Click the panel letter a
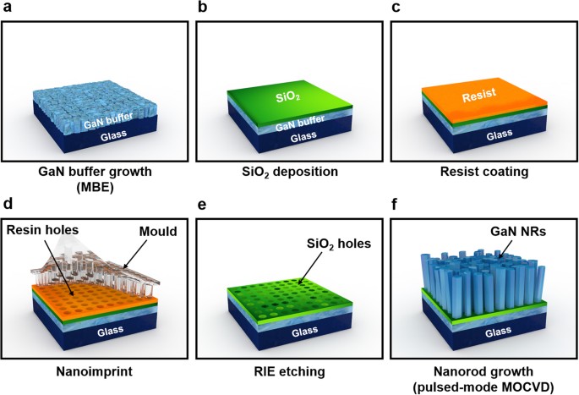click(8, 8)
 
